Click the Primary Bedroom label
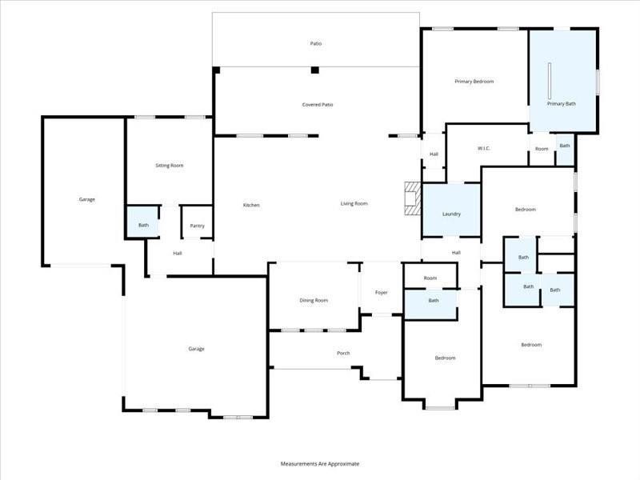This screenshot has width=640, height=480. [x=474, y=82]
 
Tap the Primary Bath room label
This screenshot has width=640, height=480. [x=561, y=104]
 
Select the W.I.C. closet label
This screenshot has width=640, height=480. [x=483, y=148]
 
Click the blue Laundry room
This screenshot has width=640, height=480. [x=450, y=214]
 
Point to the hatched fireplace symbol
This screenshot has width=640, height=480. [x=412, y=198]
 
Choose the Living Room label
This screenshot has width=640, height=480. [x=354, y=204]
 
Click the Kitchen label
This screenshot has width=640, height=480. [x=251, y=206]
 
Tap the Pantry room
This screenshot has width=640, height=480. [x=197, y=226]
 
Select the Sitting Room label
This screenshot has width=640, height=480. [x=169, y=166]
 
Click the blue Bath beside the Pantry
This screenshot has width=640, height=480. [x=143, y=225]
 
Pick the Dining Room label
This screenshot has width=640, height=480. [x=314, y=300]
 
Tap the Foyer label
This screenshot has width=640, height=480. [x=382, y=292]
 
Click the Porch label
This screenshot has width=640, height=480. [x=343, y=353]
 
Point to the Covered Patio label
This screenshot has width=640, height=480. [x=318, y=105]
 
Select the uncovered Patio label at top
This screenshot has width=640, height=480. [x=316, y=43]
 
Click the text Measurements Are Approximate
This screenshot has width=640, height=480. [x=320, y=464]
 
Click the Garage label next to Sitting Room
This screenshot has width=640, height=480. [x=86, y=199]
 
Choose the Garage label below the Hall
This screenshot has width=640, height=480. [x=196, y=349]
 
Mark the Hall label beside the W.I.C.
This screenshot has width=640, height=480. [x=434, y=154]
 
